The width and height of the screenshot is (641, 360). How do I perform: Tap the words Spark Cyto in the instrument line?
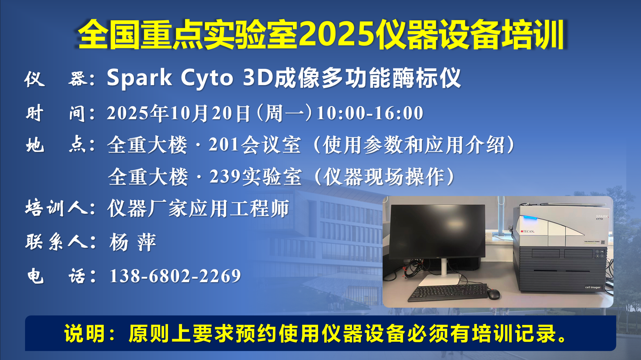click(170, 78)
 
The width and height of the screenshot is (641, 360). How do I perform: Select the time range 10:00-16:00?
click(370, 113)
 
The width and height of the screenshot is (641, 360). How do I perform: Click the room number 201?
click(224, 144)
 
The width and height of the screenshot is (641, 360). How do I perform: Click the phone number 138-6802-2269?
click(175, 276)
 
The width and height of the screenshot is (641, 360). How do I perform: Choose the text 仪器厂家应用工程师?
click(198, 208)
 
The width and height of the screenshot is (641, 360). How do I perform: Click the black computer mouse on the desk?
click(493, 294)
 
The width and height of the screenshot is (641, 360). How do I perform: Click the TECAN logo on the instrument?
click(528, 231)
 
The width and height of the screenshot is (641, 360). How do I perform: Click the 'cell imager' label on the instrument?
click(593, 287)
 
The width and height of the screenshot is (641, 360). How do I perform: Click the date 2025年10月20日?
click(179, 113)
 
